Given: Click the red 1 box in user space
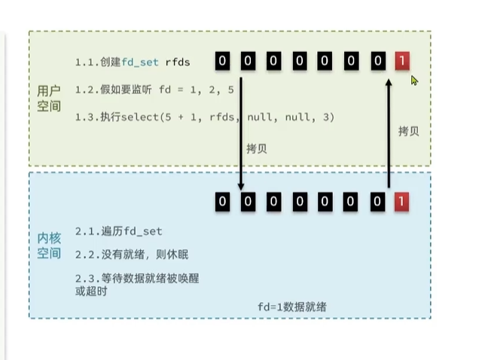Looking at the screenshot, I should [x=402, y=61].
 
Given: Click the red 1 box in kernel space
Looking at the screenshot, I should [x=402, y=201].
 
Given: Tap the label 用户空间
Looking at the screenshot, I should [x=50, y=99].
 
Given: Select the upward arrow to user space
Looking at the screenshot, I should [x=389, y=132].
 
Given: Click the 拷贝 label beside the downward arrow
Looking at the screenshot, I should [x=256, y=149].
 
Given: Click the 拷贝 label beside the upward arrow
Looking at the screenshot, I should [x=408, y=131].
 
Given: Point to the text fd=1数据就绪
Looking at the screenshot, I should [x=292, y=307].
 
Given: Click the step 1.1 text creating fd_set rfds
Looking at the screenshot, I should [x=133, y=62].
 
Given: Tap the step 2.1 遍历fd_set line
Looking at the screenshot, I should [x=119, y=231].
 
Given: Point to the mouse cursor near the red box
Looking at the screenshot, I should [x=414, y=80].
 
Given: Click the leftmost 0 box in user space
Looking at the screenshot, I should [x=222, y=61].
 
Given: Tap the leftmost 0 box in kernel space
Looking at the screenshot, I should [x=222, y=201].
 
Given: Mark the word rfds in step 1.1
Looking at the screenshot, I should [x=178, y=62].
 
